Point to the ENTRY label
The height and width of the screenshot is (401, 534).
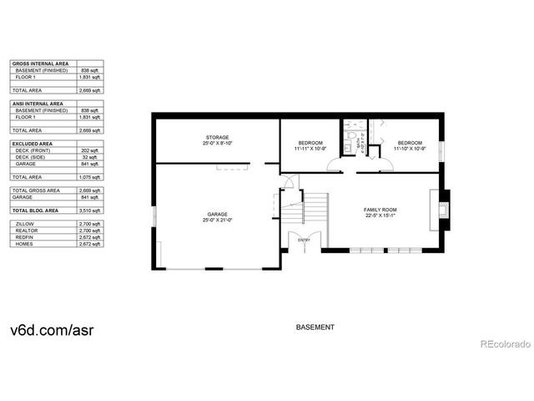[304, 241]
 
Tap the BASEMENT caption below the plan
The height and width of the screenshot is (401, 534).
[315, 327]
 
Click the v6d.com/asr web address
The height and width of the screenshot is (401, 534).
[52, 328]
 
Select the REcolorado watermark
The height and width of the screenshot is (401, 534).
[504, 344]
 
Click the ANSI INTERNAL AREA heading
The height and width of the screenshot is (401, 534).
[37, 103]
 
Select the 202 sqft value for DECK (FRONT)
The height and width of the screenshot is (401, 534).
[91, 150]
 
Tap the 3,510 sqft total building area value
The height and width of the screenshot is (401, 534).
[90, 211]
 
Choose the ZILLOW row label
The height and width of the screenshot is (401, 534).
[24, 225]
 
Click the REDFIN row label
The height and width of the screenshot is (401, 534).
[24, 237]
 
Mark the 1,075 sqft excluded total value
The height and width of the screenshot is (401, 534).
[90, 177]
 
